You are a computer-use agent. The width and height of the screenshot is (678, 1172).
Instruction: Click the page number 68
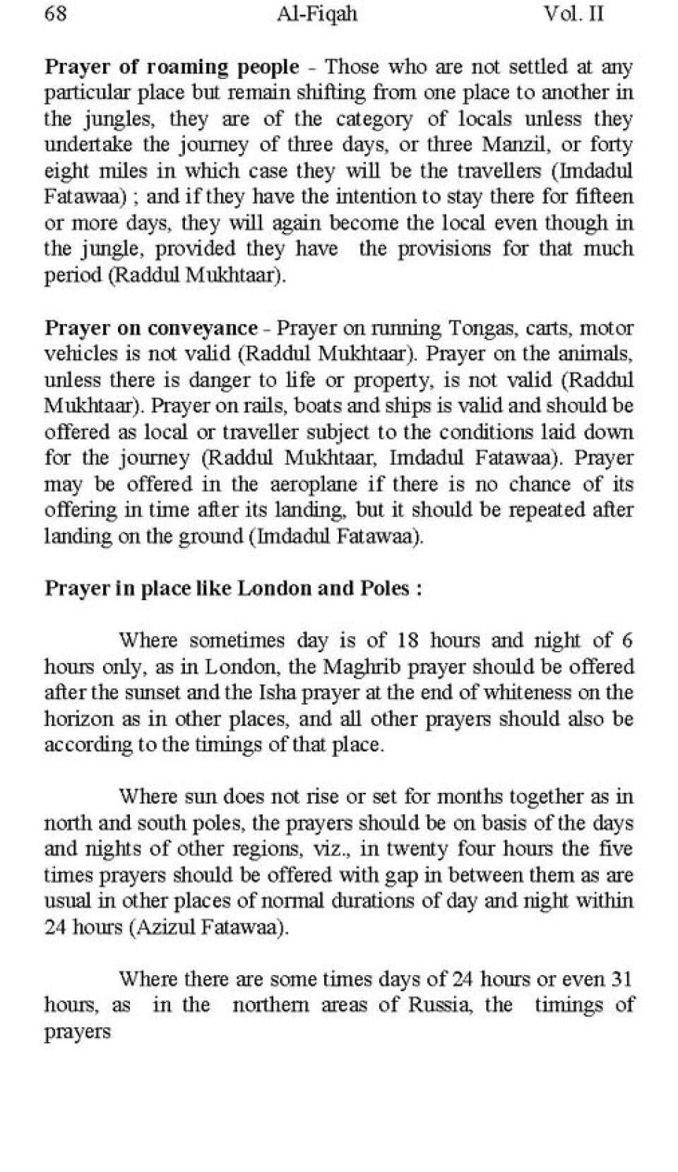(x=56, y=14)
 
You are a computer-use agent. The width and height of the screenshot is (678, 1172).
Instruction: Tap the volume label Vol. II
(x=573, y=14)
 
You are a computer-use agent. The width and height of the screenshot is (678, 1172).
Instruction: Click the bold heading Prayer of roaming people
(x=172, y=67)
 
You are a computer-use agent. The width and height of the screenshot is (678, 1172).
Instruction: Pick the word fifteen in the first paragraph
(x=605, y=197)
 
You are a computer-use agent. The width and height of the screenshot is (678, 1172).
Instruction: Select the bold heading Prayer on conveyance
(x=151, y=328)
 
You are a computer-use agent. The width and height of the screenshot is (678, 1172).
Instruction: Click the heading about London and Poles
(x=233, y=588)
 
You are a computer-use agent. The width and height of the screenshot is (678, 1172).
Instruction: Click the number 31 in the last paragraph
(x=621, y=979)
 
